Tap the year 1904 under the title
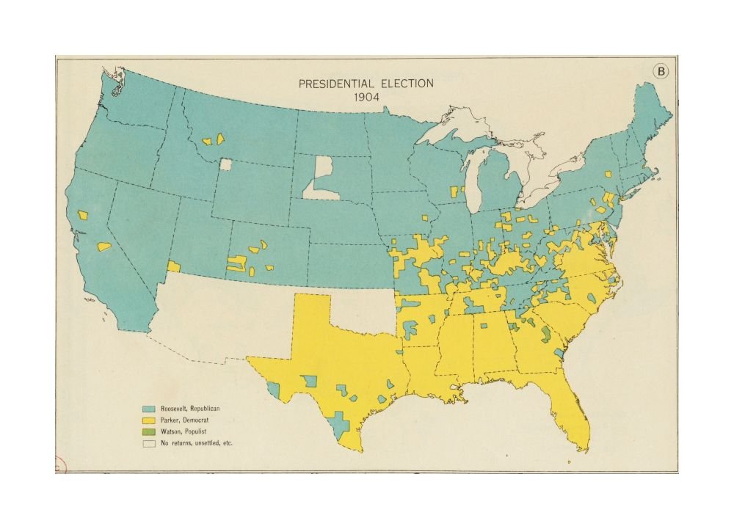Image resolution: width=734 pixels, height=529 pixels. [366, 98]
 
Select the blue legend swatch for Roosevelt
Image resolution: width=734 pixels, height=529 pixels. [149, 408]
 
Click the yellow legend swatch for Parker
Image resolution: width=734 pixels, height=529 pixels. [149, 420]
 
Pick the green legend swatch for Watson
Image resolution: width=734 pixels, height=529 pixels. [149, 431]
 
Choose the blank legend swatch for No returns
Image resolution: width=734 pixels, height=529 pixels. [149, 443]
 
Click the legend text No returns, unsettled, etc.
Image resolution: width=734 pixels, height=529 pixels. [197, 443]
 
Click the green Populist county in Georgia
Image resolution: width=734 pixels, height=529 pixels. [545, 335]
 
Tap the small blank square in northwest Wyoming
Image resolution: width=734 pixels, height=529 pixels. [225, 165]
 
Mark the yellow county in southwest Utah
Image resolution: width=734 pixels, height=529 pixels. [174, 266]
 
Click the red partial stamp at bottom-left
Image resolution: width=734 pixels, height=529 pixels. [58, 464]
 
